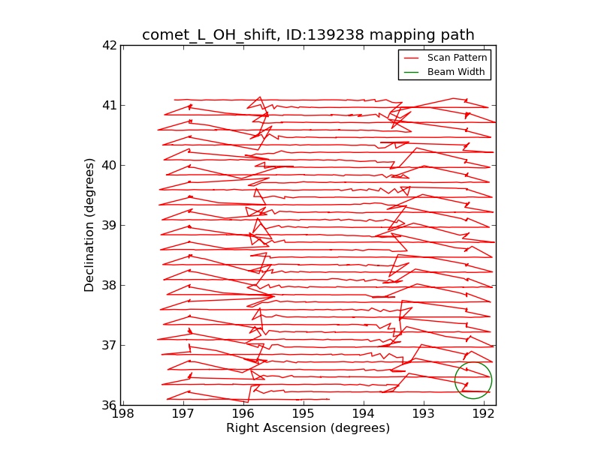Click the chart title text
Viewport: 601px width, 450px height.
[308, 35]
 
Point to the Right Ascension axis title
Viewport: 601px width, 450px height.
[308, 428]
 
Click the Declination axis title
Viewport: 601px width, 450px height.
[90, 225]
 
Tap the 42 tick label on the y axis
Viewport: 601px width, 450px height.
[110, 45]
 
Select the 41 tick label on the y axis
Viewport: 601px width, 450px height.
[110, 105]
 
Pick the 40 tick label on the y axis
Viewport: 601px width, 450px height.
[110, 165]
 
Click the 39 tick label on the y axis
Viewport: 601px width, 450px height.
[110, 225]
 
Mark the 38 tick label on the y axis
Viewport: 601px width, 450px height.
[110, 285]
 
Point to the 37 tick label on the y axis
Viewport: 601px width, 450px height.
[110, 345]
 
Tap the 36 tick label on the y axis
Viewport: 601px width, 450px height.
[110, 405]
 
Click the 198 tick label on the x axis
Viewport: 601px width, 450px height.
[122, 414]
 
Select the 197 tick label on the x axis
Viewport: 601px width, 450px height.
[183, 414]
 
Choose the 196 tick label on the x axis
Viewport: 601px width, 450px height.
[243, 414]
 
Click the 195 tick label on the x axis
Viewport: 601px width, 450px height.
[303, 414]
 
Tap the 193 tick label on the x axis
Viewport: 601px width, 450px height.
[423, 414]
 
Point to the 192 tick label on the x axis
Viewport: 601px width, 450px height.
[483, 414]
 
